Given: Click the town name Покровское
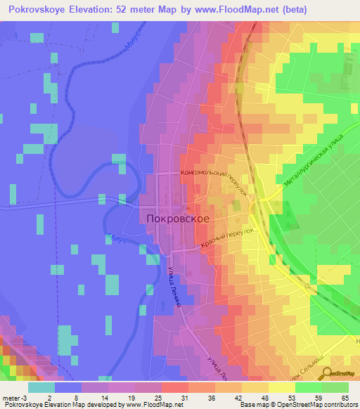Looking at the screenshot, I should (179, 219).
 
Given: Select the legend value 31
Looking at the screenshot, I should (184, 398).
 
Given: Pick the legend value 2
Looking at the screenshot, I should (51, 398).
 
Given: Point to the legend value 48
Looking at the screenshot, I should (265, 398).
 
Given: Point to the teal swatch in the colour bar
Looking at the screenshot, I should (41, 387).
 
